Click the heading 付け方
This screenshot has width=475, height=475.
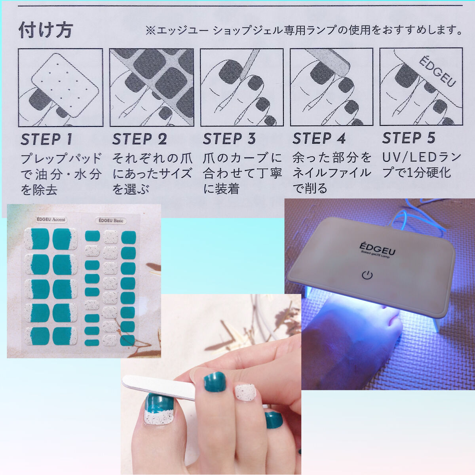pos(46,30)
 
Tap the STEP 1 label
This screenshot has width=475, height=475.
pos(46,139)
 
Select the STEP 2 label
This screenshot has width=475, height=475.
pos(140,139)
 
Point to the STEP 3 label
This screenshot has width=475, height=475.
pos(229,139)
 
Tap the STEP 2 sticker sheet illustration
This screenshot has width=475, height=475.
pos(152,87)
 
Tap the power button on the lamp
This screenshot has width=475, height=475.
pos(367,275)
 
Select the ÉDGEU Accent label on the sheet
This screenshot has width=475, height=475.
pos(51,220)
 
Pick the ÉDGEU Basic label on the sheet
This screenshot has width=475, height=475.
pos(111,220)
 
